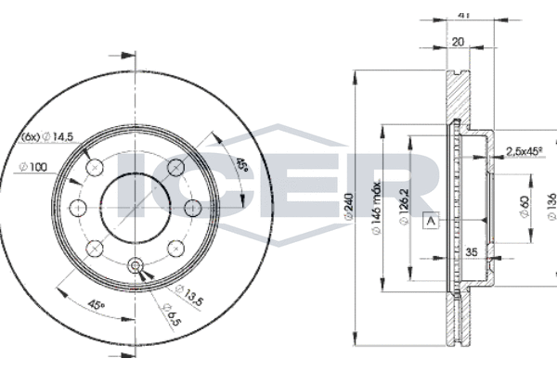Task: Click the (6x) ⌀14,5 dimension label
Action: [x=47, y=136]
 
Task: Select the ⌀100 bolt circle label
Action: [x=33, y=167]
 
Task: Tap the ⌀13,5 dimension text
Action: [x=189, y=295]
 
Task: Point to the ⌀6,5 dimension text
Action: [x=171, y=313]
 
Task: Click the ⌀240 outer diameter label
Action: [x=349, y=207]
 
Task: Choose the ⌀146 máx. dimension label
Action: [x=376, y=207]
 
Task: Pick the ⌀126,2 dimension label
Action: [x=404, y=206]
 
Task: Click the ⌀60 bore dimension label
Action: [x=525, y=207]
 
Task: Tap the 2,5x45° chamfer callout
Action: [x=525, y=151]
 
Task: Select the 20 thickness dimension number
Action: [x=458, y=42]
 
